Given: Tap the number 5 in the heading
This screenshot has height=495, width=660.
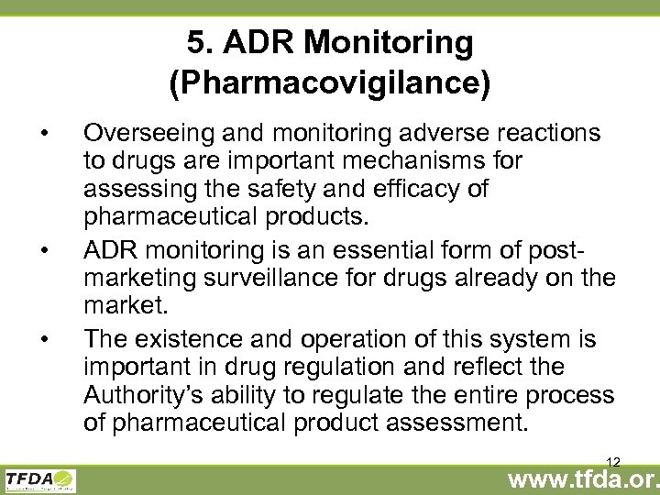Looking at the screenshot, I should click(x=194, y=42).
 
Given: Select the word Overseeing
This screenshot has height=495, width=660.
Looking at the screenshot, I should click(x=147, y=134).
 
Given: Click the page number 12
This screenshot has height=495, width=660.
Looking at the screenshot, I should click(x=613, y=462).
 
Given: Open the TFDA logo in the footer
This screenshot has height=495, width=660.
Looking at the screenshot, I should click(x=40, y=480).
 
